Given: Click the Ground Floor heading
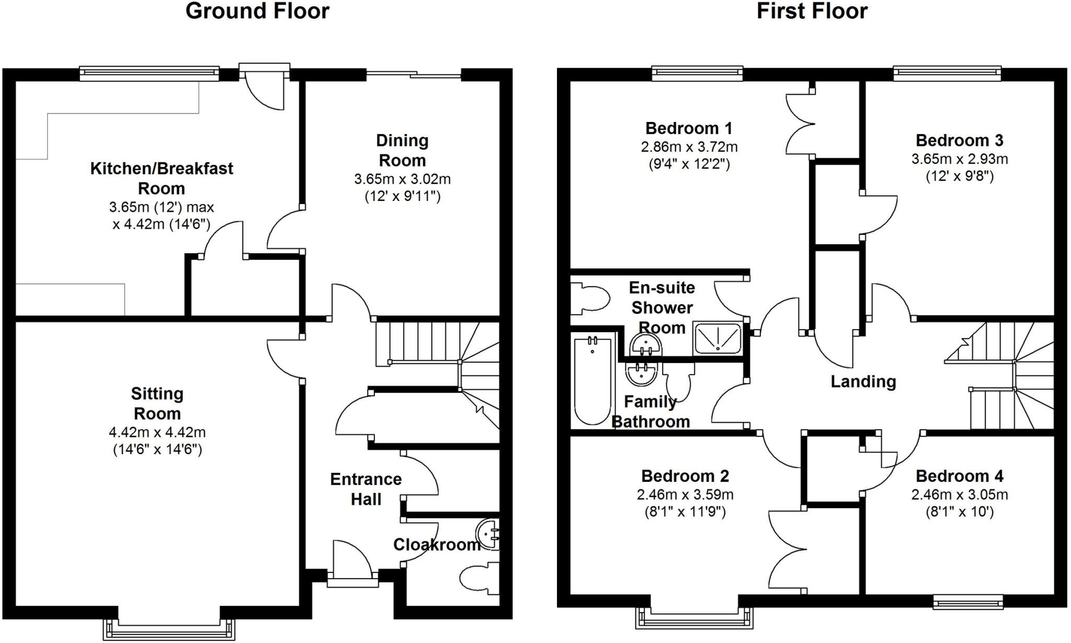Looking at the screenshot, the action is click(x=257, y=11).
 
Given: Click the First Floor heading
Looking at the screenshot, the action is click(x=812, y=11).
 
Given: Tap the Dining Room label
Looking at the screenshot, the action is click(x=402, y=150).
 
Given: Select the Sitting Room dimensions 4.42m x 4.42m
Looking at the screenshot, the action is click(x=157, y=432).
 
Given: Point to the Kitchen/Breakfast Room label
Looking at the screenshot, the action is click(x=162, y=178).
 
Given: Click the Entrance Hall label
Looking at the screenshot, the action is click(x=366, y=489).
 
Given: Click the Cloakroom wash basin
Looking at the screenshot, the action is click(x=489, y=534).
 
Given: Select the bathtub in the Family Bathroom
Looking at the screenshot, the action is click(x=593, y=381).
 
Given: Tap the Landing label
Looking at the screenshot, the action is click(x=863, y=381).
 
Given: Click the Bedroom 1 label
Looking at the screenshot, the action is click(x=688, y=128).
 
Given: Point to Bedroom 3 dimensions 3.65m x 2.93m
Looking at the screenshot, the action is click(x=959, y=159).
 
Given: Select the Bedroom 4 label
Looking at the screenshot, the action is click(x=959, y=476).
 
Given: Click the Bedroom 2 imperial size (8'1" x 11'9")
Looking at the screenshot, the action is click(x=685, y=511).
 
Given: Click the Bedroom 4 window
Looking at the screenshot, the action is click(x=968, y=603).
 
